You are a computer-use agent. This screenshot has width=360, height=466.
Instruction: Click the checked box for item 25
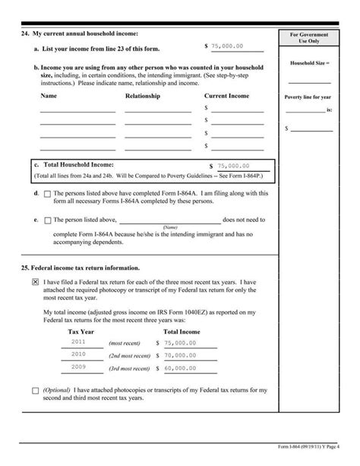pos(36,281)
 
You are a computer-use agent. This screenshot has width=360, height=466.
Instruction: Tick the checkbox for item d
pos(47,194)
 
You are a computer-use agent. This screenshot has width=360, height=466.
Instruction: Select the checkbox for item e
pos(47,220)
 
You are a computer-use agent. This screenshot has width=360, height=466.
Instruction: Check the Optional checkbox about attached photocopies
pos(36,391)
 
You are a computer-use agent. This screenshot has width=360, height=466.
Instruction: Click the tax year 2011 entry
pos(78,342)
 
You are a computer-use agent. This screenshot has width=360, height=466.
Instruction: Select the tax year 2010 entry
pos(78,353)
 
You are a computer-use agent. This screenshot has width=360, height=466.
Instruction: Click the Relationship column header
pos(143,97)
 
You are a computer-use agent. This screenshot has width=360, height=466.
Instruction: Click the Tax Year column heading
pos(82,332)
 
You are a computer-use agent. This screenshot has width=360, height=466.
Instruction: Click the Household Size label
pos(308,62)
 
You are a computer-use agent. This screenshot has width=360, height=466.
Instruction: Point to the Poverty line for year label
pos(308,97)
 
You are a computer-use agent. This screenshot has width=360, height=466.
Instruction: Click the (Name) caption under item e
pos(169,227)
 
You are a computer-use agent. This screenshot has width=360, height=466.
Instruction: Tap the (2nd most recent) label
pos(129,355)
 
